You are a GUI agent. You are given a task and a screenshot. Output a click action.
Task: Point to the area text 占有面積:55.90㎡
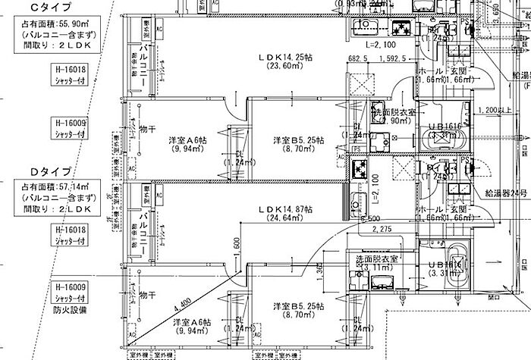pos(52,23)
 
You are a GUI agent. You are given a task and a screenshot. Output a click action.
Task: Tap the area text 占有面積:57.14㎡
pos(53,186)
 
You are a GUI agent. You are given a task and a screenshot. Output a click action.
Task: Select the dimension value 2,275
pos(382,228)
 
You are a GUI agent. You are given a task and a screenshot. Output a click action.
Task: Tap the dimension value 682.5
pos(358,57)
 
